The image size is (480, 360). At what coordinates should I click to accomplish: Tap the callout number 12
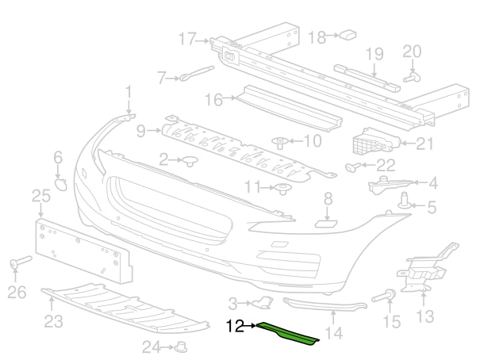click(236, 325)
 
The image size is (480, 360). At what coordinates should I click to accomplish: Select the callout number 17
click(187, 38)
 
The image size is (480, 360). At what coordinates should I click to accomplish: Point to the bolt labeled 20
click(412, 77)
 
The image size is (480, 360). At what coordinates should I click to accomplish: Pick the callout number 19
click(374, 53)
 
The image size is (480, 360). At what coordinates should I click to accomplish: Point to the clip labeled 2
click(190, 162)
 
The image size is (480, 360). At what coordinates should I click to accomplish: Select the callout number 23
click(54, 321)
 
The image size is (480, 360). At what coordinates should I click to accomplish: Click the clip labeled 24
click(181, 346)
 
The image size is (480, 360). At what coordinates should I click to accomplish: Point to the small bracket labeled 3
click(261, 302)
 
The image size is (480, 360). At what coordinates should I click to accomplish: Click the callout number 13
click(424, 317)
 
